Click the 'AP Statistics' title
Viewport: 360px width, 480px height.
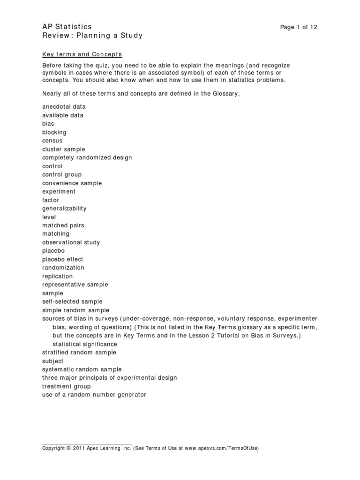[67, 27]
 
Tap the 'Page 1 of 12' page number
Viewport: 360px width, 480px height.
[299, 27]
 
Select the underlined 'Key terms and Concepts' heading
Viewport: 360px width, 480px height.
[82, 54]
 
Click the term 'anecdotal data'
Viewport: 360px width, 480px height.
[64, 107]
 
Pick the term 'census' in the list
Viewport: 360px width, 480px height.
[52, 141]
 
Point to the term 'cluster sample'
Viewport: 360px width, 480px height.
[64, 150]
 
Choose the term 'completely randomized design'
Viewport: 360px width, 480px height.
[87, 158]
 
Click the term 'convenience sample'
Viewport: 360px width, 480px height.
[72, 183]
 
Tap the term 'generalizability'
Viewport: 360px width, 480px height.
[64, 209]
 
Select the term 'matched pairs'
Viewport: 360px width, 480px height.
[63, 225]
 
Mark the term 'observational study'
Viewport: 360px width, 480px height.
[71, 242]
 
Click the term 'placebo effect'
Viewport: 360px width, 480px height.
[63, 259]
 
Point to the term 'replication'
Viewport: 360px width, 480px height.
[58, 276]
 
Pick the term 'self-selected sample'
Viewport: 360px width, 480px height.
[72, 301]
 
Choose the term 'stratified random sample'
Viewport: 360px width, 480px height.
[79, 352]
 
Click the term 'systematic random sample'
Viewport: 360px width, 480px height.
[82, 369]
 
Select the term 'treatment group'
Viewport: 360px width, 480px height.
[67, 386]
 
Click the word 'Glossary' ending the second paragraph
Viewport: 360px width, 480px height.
[225, 94]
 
